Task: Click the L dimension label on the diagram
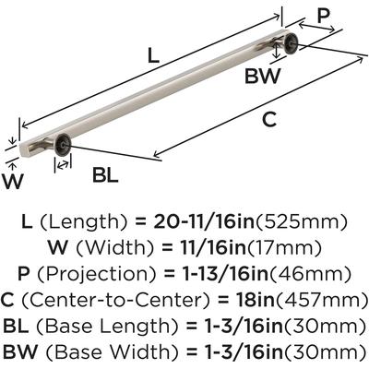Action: coord(153,55)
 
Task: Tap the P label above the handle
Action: coord(323,16)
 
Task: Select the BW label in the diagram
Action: coord(263,76)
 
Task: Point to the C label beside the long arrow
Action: coord(269,120)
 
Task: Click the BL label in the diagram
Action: coord(105,176)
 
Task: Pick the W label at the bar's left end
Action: coord(13,182)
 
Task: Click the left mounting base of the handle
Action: coord(64,144)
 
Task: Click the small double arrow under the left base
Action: coord(63,165)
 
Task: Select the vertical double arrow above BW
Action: coord(277,51)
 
